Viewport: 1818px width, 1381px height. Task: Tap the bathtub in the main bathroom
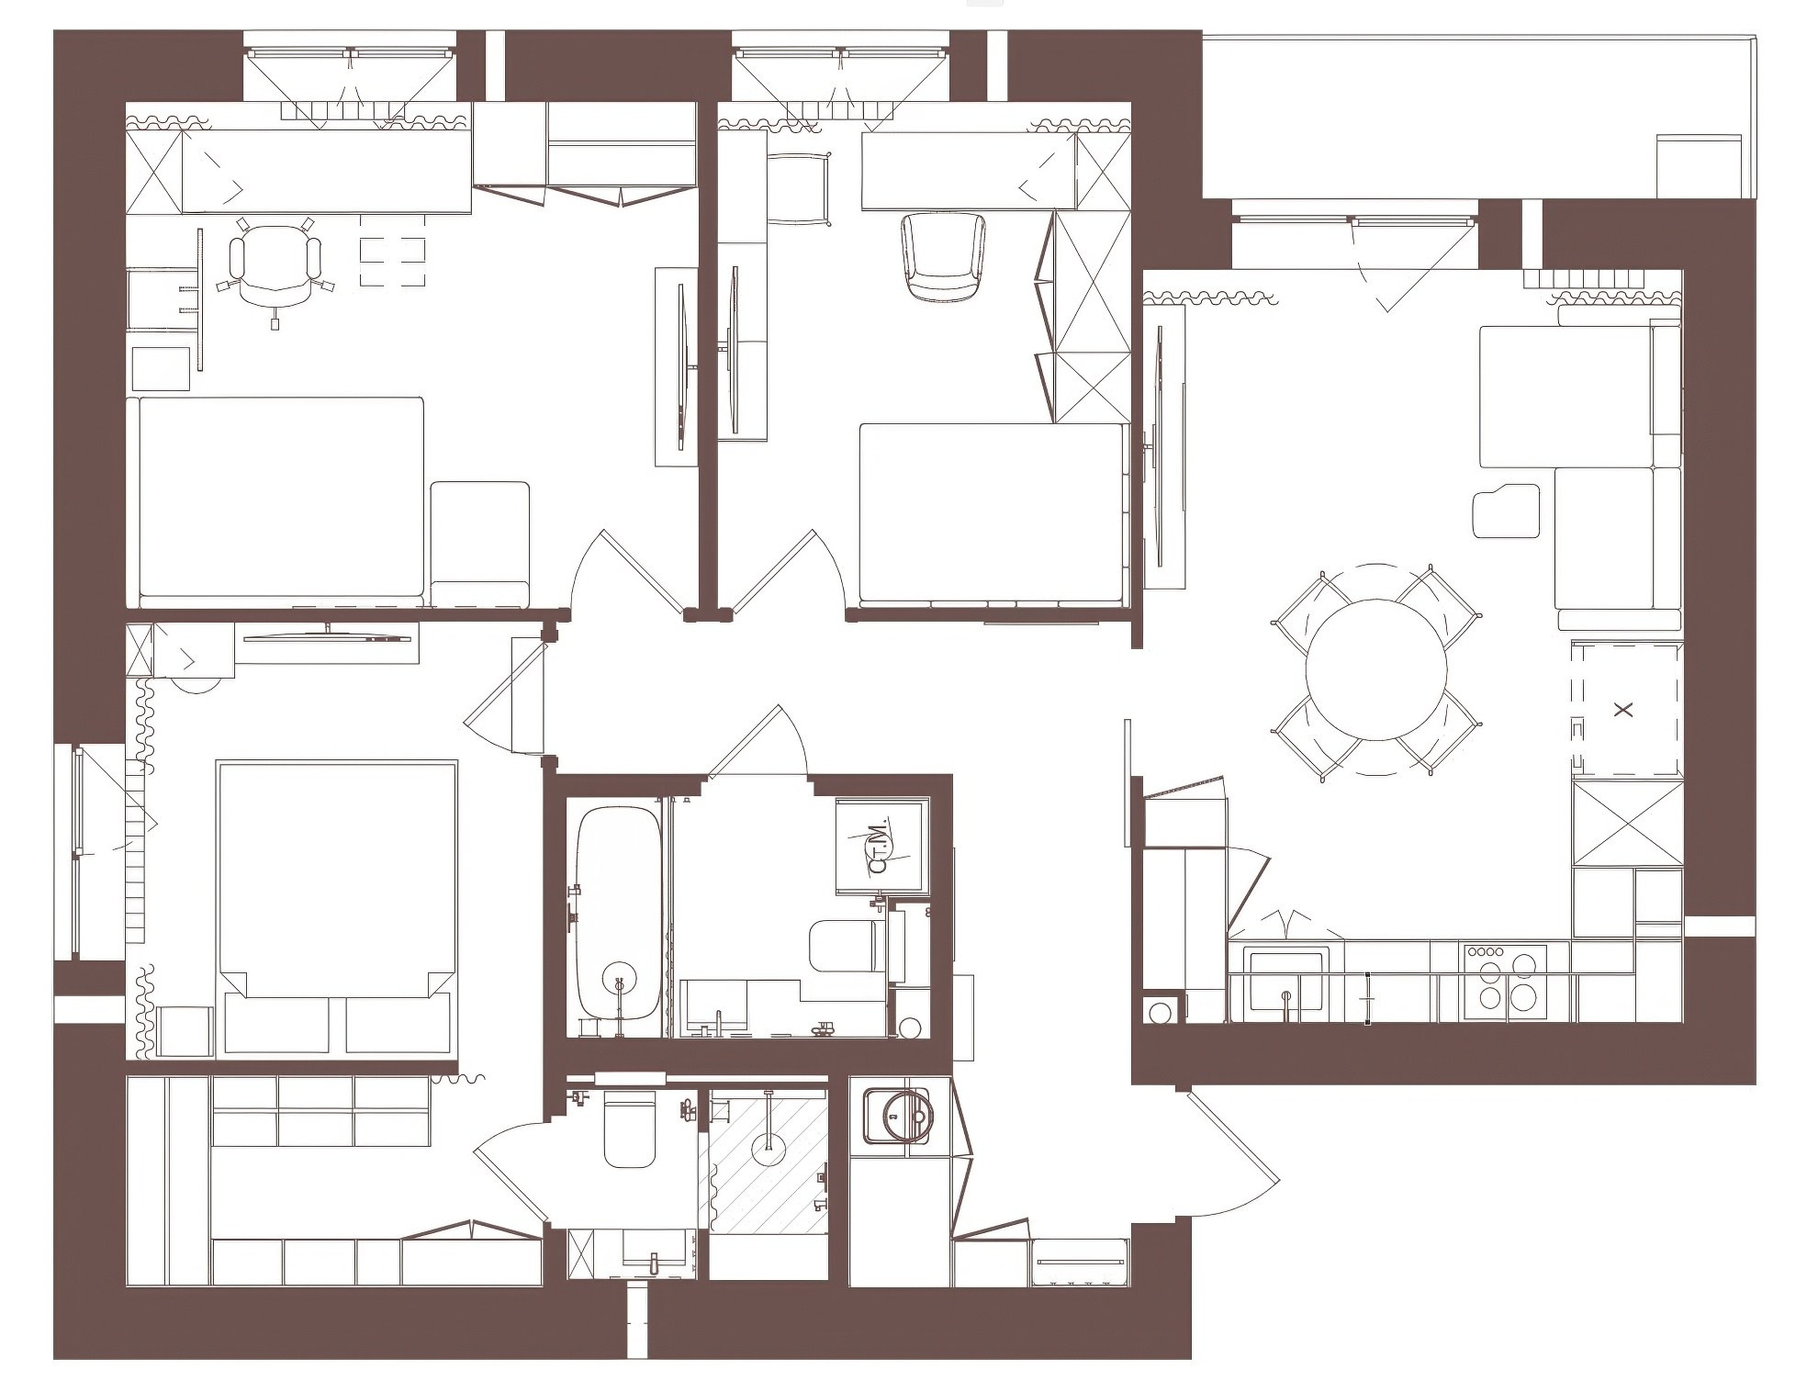618,910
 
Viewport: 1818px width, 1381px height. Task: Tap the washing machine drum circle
905,1115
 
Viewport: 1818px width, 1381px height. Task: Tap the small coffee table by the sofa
1507,511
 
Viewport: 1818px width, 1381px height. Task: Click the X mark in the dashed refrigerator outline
1624,709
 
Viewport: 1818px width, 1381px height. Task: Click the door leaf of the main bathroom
745,742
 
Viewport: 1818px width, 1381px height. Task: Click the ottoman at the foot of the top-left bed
479,544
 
